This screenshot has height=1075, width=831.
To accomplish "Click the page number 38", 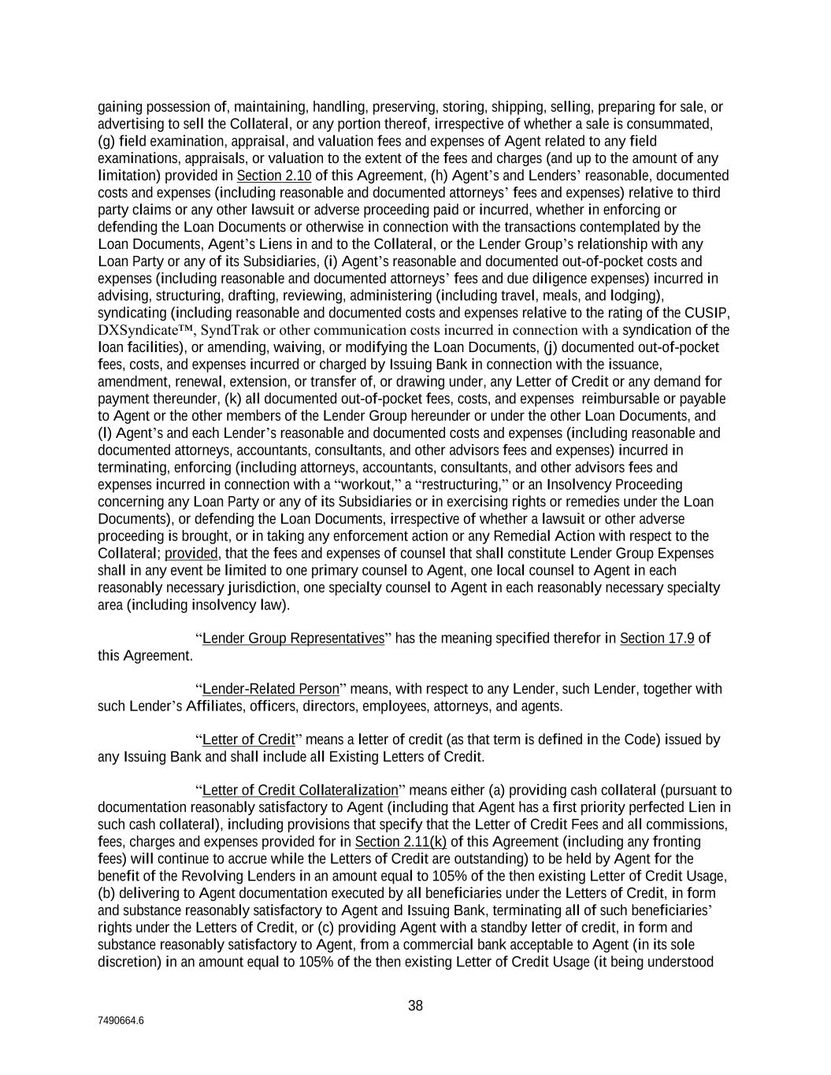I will (x=415, y=1006).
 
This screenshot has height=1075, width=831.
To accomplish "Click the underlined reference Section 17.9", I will (x=657, y=639).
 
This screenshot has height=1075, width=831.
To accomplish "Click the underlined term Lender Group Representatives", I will (x=293, y=639).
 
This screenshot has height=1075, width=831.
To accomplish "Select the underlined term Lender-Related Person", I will (x=270, y=690).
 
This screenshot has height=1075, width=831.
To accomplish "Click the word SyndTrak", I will (x=227, y=330).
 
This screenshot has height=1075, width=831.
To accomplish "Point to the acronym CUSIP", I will (x=707, y=313).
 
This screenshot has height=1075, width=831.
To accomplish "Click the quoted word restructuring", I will (x=455, y=484).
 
